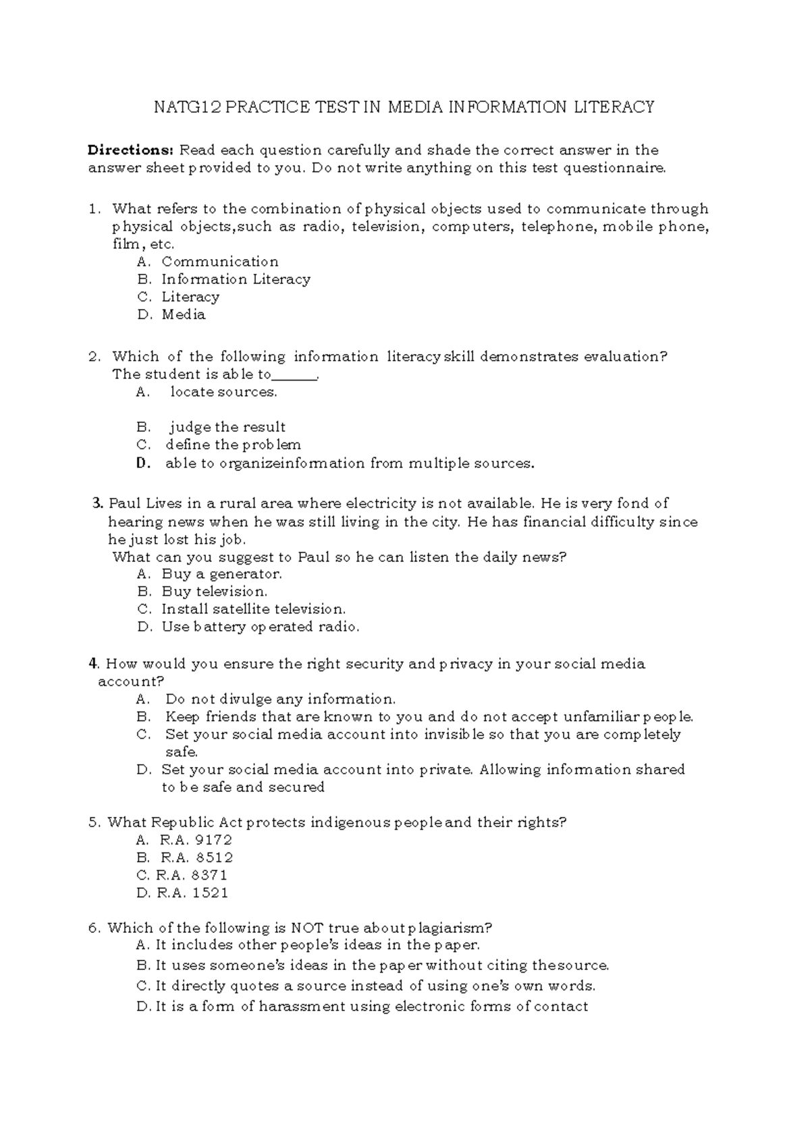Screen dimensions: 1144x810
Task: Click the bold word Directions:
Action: pos(131,150)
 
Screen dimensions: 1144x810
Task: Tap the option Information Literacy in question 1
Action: pos(236,279)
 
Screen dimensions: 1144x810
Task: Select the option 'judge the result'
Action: pos(227,427)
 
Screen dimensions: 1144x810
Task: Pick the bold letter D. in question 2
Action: pos(142,463)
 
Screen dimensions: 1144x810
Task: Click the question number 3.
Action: pos(97,503)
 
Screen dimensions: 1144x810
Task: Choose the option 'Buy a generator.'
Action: pos(221,574)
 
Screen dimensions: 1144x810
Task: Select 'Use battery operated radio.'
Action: pos(260,627)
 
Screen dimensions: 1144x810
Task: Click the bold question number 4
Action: pos(93,664)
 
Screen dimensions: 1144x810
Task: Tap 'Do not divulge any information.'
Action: pos(280,699)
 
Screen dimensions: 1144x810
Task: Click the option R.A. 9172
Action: pos(195,840)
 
